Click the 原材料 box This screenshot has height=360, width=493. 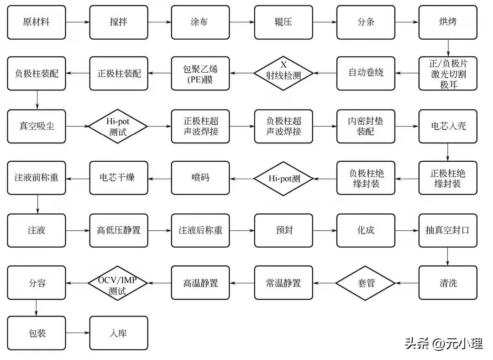click(37, 22)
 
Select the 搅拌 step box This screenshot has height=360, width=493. click(119, 22)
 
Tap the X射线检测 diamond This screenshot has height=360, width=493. click(283, 73)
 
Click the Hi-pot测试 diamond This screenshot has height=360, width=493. click(118, 126)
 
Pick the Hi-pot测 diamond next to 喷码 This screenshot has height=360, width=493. click(283, 178)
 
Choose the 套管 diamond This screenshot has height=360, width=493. click(365, 283)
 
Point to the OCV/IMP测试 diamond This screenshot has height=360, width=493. click(118, 283)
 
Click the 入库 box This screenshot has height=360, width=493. click(119, 334)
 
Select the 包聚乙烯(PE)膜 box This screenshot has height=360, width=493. click(200, 73)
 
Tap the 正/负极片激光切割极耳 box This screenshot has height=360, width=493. click(448, 73)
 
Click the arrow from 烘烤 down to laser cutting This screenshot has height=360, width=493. click(448, 48)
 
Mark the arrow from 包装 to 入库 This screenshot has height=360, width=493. click(78, 334)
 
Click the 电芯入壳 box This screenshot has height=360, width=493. click(448, 126)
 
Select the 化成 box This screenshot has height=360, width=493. click(366, 230)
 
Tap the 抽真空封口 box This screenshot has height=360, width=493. click(448, 230)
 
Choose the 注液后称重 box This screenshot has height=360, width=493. click(200, 230)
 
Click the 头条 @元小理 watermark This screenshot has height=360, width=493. click(443, 344)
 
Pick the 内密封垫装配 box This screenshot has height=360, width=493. click(366, 126)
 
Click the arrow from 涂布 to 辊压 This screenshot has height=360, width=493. click(242, 22)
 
